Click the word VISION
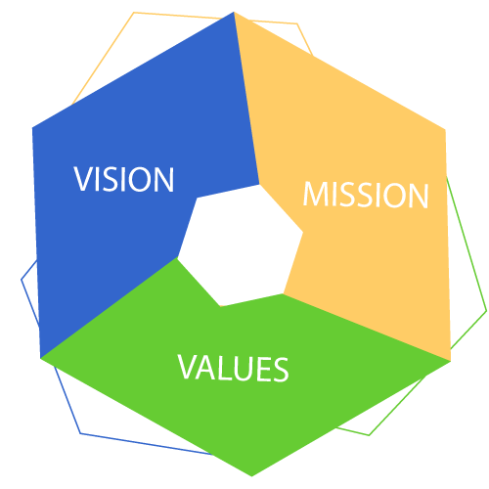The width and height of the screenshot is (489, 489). (124, 179)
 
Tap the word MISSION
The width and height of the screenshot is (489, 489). (366, 195)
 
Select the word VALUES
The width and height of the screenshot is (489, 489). (233, 368)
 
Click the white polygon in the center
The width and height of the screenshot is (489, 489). (241, 245)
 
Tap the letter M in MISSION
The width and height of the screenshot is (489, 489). (316, 195)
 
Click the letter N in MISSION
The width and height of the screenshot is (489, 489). (419, 196)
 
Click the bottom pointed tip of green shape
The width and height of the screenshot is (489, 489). (251, 476)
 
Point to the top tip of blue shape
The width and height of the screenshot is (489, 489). (234, 12)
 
